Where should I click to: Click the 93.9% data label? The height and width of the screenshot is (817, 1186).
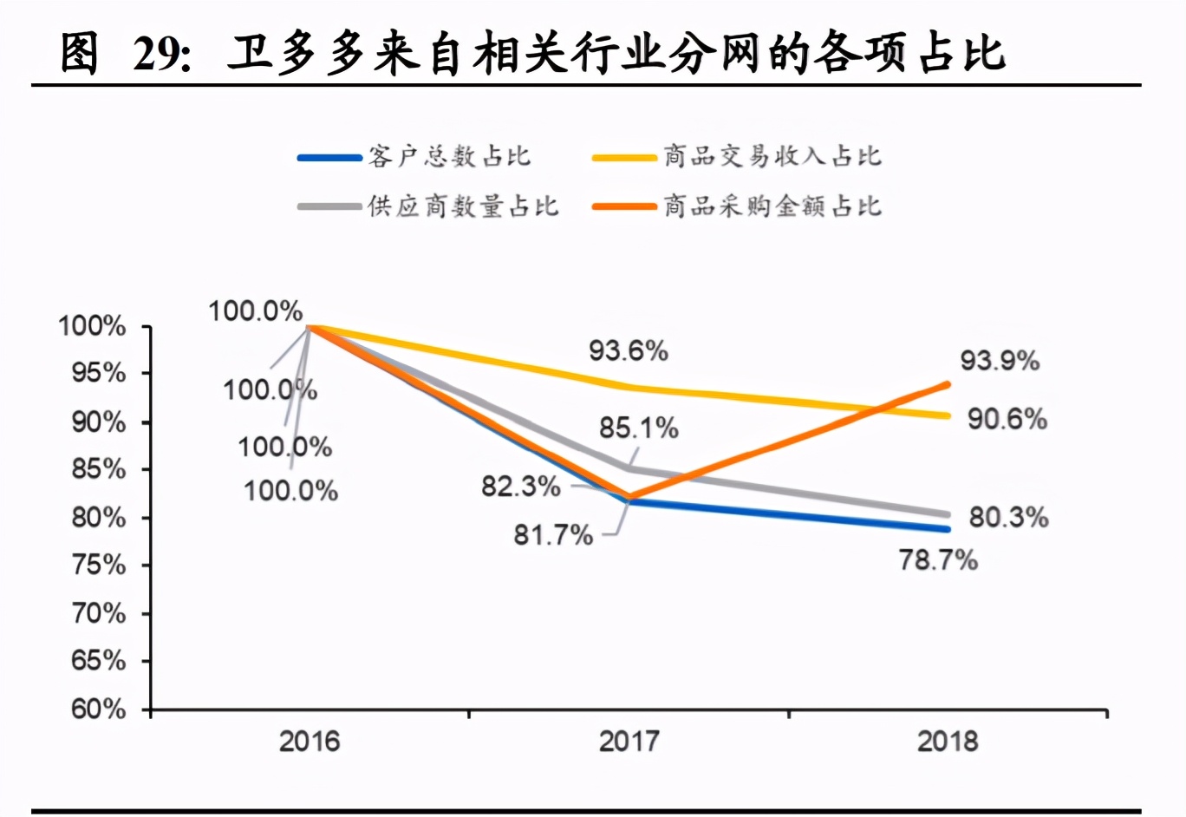(999, 360)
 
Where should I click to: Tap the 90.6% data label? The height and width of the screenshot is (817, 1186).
(1007, 419)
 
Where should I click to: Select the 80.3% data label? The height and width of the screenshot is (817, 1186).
(1008, 518)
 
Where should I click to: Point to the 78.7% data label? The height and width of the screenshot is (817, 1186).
(938, 560)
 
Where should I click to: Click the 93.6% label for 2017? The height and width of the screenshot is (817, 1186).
(629, 351)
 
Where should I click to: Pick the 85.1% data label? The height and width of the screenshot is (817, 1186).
(639, 428)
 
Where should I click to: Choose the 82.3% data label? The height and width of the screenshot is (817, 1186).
(521, 487)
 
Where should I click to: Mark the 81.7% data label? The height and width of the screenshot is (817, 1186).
(553, 535)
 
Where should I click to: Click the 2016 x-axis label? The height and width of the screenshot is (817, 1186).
(310, 742)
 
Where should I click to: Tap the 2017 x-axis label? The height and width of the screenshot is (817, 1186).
(629, 742)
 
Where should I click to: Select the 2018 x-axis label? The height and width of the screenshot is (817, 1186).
(948, 742)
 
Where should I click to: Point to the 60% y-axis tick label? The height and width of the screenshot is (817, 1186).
(98, 709)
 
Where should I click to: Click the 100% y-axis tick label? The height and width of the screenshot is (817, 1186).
(92, 327)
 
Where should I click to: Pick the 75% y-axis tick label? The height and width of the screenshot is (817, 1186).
(98, 565)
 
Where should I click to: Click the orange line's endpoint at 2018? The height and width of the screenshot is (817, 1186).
(947, 384)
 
